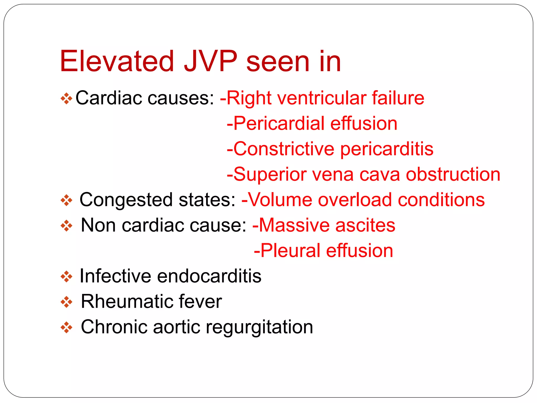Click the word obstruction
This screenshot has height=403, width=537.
tap(453, 174)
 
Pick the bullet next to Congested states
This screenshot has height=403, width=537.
tap(66, 200)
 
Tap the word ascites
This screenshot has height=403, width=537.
tap(365, 225)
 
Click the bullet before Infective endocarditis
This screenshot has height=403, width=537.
tap(66, 277)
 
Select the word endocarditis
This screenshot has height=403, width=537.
tap(209, 276)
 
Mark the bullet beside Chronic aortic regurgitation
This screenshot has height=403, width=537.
tap(66, 327)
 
